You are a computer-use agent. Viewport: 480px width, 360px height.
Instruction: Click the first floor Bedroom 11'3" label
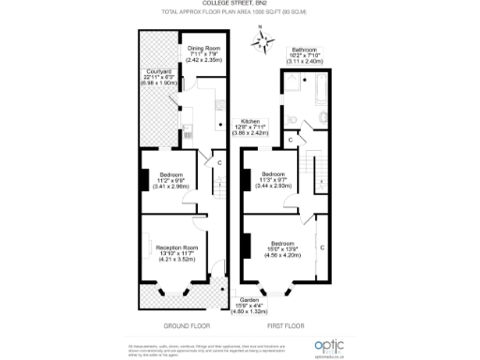coord(274,179)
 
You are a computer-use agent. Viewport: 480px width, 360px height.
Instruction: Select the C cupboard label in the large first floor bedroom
coord(321,247)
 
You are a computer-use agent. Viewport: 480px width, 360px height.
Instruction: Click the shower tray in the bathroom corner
coord(292,81)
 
